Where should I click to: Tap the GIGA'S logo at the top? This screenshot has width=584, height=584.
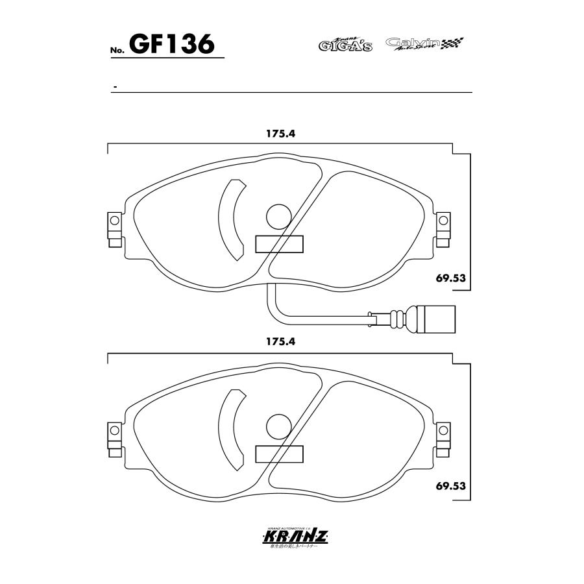[345, 44]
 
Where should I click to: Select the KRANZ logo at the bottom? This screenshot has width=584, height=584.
[295, 537]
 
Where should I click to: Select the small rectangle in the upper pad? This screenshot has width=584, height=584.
[280, 244]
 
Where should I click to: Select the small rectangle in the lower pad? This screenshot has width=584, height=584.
[280, 454]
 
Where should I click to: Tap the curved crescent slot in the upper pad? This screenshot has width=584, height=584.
[229, 219]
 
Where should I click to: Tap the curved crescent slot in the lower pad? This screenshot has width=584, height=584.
[229, 429]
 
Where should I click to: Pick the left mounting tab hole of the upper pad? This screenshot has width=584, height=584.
[114, 221]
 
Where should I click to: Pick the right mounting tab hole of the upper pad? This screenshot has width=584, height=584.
[444, 221]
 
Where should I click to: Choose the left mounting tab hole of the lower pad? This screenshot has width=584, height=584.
[114, 430]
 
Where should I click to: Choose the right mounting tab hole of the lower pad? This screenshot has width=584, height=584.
[444, 430]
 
